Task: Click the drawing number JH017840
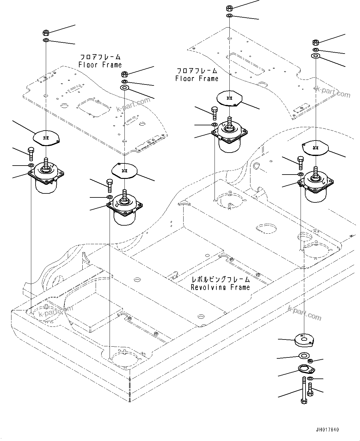tap(327, 430)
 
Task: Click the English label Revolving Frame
tap(220, 287)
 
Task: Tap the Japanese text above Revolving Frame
tap(220, 279)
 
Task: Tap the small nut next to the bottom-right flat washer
tap(310, 361)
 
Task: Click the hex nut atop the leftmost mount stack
tap(45, 32)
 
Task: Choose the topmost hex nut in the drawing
tap(229, 8)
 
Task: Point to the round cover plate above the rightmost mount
tap(315, 147)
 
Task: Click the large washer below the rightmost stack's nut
tap(315, 55)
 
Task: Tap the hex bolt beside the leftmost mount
tap(31, 153)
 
